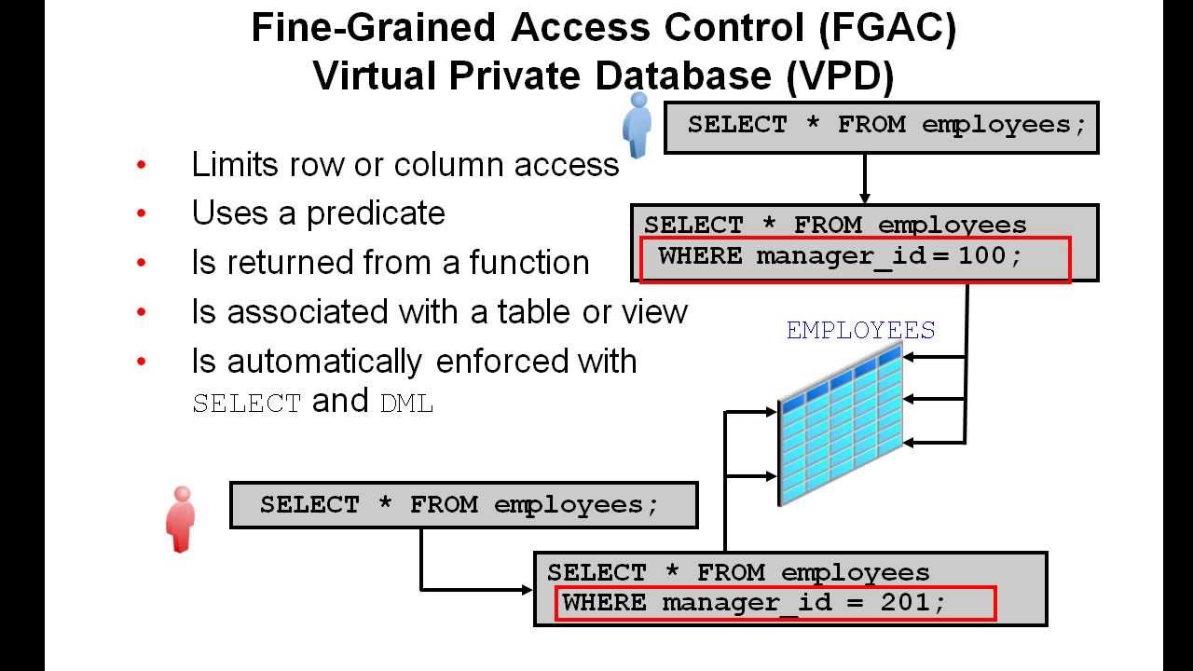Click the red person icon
[180, 519]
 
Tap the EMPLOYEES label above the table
[860, 331]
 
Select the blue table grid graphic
[842, 424]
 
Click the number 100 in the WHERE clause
[981, 255]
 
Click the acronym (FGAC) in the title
[887, 29]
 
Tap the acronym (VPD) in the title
[840, 76]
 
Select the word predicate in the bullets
[376, 213]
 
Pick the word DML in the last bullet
[407, 404]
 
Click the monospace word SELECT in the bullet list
[247, 404]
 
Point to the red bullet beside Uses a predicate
[142, 213]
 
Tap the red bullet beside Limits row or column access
[142, 165]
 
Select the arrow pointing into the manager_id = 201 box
[522, 589]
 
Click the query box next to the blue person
[881, 128]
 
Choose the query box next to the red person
[463, 505]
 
